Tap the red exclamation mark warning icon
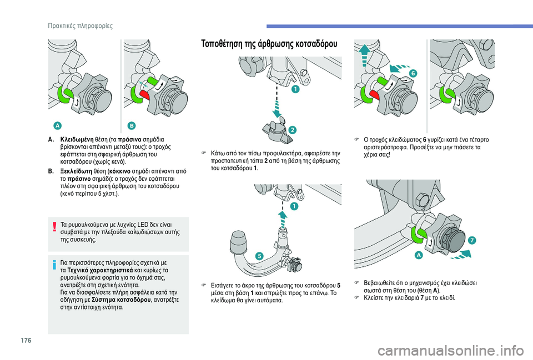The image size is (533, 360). pyautogui.click(x=54, y=226)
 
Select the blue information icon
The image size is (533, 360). pyautogui.click(x=54, y=265)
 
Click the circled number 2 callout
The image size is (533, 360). pyautogui.click(x=291, y=130)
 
